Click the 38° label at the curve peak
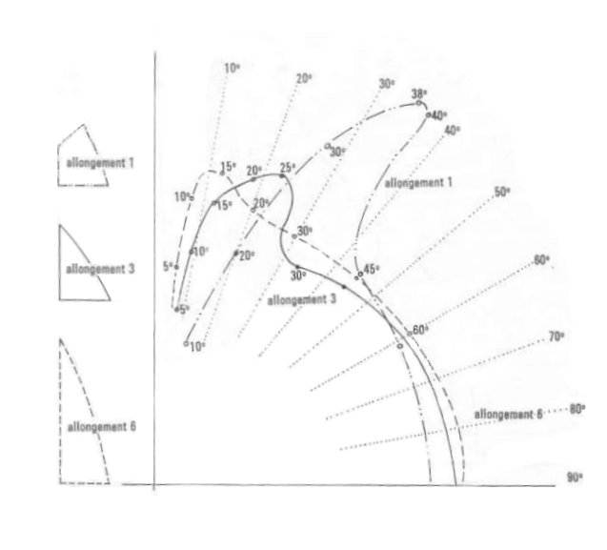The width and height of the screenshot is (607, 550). [419, 94]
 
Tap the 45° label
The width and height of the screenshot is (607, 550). [372, 269]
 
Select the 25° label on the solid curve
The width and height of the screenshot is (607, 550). [288, 168]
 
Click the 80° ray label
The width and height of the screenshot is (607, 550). [577, 409]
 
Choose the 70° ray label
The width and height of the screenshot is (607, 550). [556, 337]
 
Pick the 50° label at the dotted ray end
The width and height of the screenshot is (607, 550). [502, 193]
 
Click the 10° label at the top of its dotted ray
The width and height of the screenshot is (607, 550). [232, 69]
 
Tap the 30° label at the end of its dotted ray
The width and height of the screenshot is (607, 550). [387, 84]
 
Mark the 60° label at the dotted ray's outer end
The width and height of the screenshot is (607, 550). [541, 260]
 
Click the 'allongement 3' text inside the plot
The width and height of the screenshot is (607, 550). [301, 299]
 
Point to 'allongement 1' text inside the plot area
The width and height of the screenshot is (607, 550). [418, 182]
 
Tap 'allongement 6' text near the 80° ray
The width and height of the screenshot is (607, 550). [508, 415]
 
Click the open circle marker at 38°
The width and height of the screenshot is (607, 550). [418, 103]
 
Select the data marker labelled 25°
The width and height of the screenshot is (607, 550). [282, 176]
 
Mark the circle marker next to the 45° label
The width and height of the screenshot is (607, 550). [360, 275]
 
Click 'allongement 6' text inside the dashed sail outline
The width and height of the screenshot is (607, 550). [101, 427]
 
